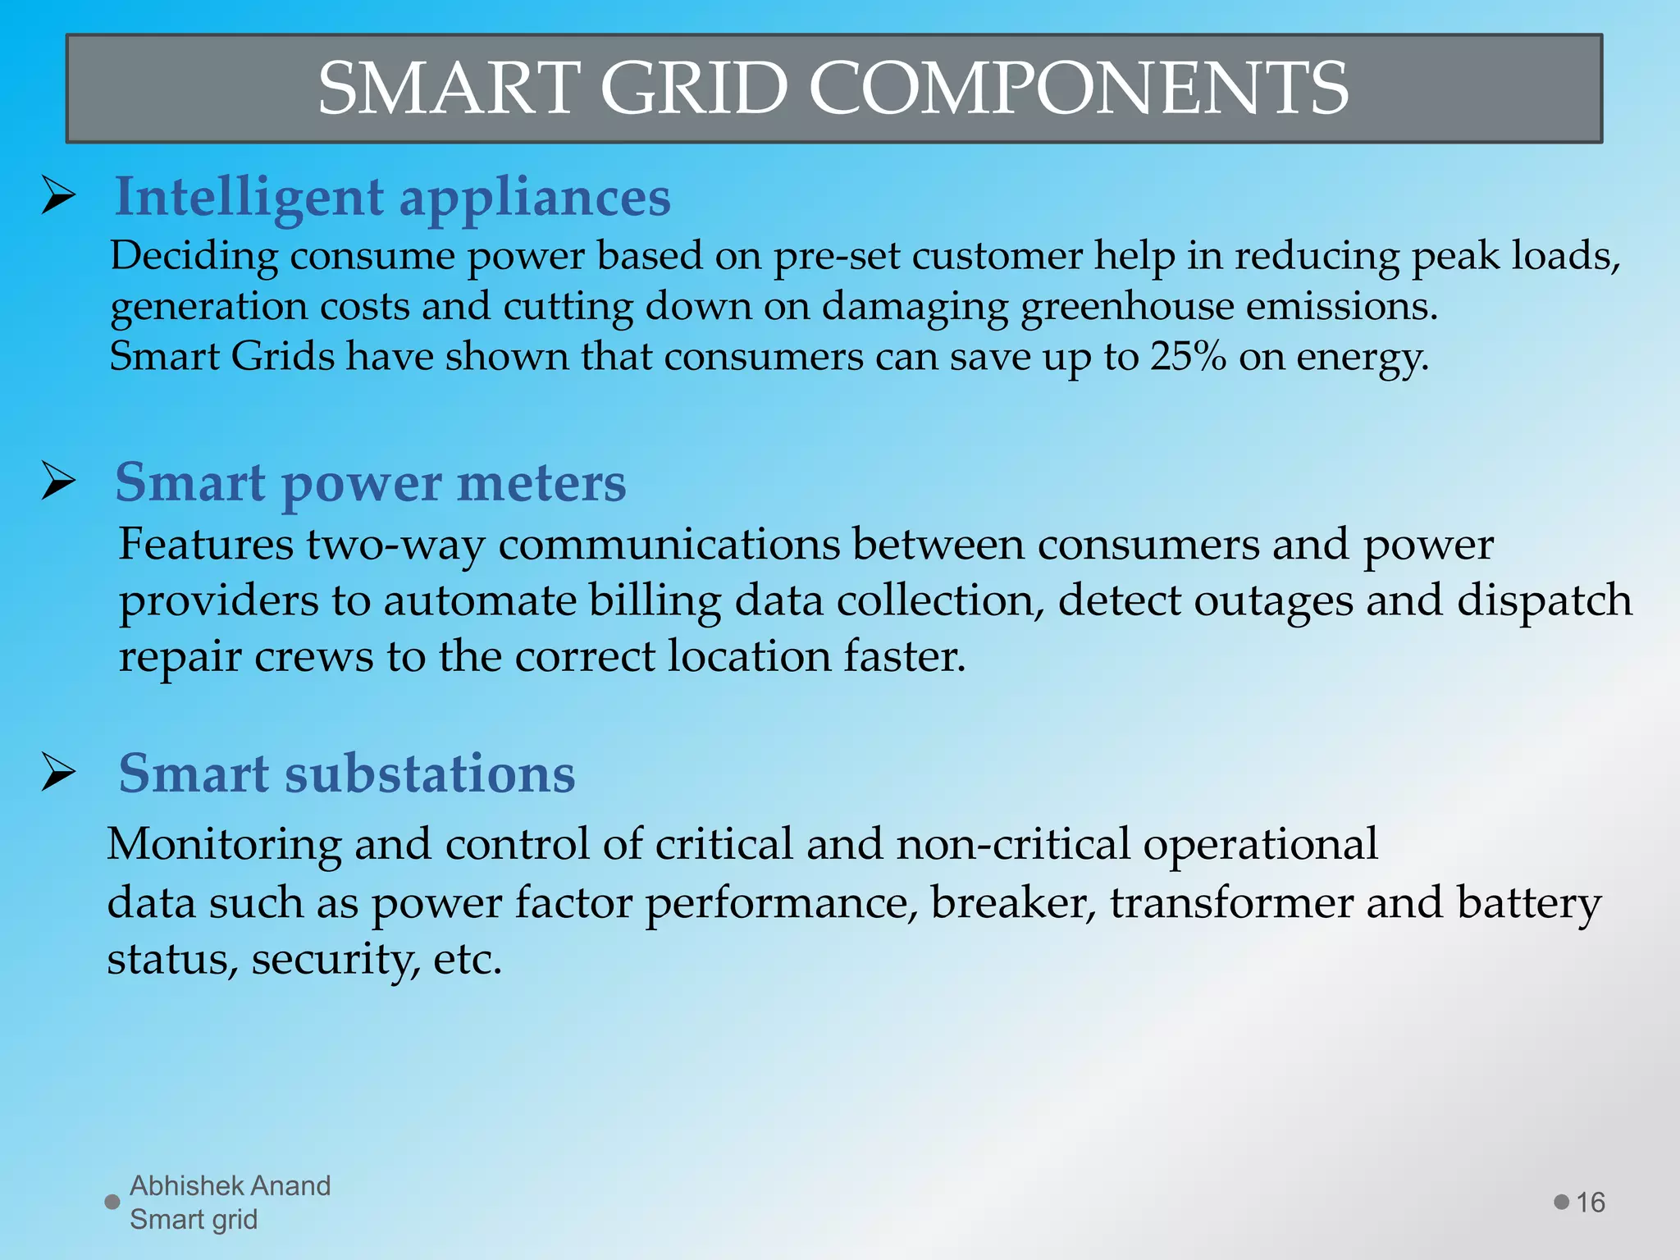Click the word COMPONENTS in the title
coord(1079,89)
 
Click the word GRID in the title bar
coord(693,89)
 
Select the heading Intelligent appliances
coord(392,197)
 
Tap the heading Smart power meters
coord(370,482)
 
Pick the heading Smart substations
coord(347,774)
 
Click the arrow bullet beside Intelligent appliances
coord(59,197)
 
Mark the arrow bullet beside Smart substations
coord(59,773)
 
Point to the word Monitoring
coord(224,844)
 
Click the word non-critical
coord(1013,844)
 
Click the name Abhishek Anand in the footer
coord(230,1186)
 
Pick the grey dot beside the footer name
coord(112,1203)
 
